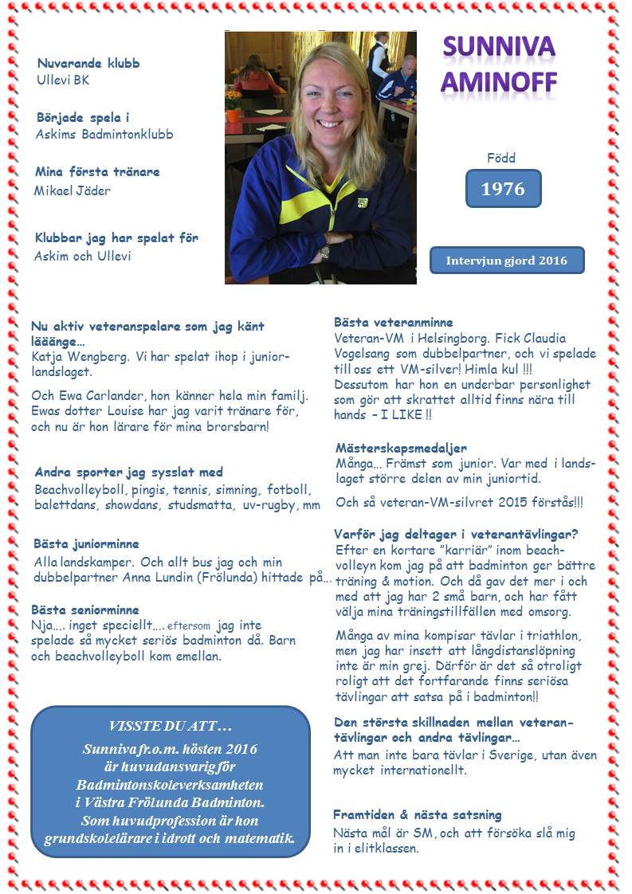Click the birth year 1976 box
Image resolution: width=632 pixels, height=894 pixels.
point(503,189)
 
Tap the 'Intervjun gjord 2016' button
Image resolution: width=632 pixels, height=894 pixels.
point(507,261)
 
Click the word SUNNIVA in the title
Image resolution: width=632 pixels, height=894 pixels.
point(500,49)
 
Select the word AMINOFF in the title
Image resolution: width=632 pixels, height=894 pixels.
point(500,81)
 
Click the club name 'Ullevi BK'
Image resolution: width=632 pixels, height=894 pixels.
point(63,80)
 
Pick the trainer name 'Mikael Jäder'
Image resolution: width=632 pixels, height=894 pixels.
point(73,190)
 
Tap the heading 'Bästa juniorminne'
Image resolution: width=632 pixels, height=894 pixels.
point(86,543)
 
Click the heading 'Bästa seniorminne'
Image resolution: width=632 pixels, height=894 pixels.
point(86,610)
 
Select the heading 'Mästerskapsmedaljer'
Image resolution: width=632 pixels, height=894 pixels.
point(401,449)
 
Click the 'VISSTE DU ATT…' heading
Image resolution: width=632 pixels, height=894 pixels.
point(170,726)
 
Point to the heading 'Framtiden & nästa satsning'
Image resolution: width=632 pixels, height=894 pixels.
point(417,814)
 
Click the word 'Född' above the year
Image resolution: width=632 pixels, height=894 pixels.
point(501,158)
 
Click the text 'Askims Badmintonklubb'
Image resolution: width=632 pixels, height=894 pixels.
point(104,134)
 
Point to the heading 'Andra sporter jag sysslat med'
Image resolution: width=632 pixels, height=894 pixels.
point(128,472)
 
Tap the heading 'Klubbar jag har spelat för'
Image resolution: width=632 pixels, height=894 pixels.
point(116,238)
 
